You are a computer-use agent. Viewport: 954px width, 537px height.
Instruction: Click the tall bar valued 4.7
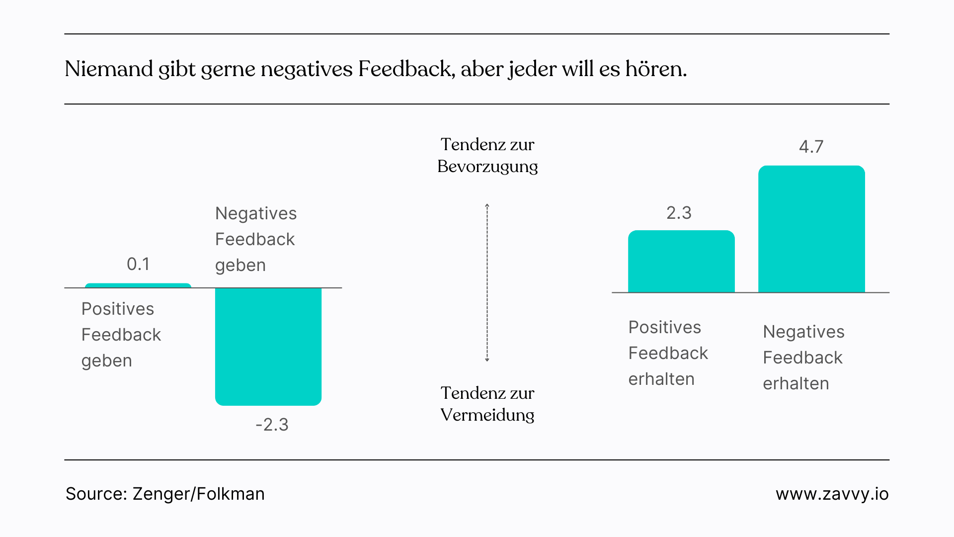point(811,229)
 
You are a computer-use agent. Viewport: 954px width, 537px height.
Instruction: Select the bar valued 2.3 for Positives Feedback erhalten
point(681,262)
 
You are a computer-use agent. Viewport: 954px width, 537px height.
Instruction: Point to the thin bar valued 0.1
point(138,286)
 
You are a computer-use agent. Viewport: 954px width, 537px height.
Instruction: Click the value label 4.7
point(811,147)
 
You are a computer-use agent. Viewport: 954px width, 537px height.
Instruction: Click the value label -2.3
point(272,425)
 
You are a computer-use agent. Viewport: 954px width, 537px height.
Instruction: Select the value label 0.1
point(138,264)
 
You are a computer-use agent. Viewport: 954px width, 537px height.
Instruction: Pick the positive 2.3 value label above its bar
point(679,213)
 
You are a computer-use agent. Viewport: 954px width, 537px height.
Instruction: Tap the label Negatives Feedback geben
point(255,239)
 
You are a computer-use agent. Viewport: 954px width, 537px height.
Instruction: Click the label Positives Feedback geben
point(121,335)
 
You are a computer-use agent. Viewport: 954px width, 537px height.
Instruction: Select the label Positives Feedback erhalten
point(668,353)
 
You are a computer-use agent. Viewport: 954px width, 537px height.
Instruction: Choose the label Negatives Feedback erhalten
point(803,358)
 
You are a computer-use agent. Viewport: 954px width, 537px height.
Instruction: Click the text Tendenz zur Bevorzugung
point(487,155)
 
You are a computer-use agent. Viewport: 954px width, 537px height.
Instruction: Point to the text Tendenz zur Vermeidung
point(487,404)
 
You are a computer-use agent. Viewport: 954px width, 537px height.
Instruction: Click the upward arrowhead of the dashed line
point(487,206)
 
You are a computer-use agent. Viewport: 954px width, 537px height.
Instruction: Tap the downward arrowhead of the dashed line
point(487,359)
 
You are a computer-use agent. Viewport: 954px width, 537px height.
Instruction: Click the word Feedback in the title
point(404,69)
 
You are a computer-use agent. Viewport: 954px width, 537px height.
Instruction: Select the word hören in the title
point(655,69)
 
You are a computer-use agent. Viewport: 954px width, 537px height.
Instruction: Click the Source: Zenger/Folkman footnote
point(165,494)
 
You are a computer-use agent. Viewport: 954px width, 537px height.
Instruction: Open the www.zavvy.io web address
point(832,494)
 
